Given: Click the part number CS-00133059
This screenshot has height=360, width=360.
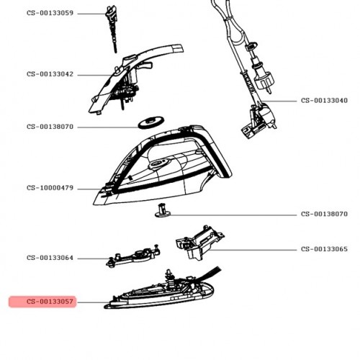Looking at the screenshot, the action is (x=50, y=13).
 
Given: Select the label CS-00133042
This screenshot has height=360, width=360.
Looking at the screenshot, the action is (x=50, y=74).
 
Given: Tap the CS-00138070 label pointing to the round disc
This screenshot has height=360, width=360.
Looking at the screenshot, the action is (x=50, y=127).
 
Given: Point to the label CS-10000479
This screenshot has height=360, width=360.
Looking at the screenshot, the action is (x=50, y=188).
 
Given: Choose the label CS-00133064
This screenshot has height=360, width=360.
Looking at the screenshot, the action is (x=50, y=258).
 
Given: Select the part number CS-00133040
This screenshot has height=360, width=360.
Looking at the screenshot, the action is (x=324, y=100).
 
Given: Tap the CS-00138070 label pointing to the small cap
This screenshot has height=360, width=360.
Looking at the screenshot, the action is (x=324, y=214).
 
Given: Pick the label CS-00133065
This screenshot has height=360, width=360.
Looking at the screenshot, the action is (x=324, y=249).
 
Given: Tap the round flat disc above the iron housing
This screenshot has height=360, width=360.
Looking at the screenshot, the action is (x=151, y=122).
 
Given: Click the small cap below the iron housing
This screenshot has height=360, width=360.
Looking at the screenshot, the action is (x=163, y=211).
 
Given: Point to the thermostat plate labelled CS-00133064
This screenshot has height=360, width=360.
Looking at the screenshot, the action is (x=133, y=257).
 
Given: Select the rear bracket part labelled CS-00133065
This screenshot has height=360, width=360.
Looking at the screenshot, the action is (x=199, y=243).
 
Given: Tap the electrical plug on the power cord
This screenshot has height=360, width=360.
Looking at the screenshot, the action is (x=261, y=76).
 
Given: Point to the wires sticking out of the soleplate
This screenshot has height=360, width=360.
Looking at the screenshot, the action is (x=211, y=274).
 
